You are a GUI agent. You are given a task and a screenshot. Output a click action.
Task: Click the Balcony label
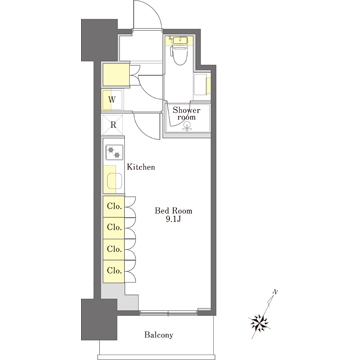[159, 335]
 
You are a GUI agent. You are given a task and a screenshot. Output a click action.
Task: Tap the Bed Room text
[173, 211]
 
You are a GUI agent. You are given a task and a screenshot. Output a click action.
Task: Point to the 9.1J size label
[173, 220]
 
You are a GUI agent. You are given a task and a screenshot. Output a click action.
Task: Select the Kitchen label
[141, 167]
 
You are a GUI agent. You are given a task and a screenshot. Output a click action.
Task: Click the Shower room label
[186, 114]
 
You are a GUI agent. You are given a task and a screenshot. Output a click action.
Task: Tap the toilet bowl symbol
[180, 55]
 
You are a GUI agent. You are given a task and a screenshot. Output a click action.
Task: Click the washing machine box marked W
[112, 100]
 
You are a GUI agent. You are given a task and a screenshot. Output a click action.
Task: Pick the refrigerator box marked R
[113, 125]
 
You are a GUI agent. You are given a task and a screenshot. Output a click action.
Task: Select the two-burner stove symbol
[114, 153]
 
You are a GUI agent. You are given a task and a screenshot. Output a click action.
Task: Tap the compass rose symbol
[260, 323]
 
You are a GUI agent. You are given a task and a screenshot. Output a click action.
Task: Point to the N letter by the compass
[275, 292]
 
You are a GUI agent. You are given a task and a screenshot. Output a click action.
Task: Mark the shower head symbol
[187, 126]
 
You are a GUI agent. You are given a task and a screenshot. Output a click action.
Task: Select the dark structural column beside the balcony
[99, 319]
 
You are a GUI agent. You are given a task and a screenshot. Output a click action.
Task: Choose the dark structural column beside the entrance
[99, 40]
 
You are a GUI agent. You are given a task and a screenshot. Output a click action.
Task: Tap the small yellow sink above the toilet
[180, 40]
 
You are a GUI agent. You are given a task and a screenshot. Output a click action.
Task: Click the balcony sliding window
[168, 313]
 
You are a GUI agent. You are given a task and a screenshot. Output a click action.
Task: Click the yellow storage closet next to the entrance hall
[116, 74]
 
